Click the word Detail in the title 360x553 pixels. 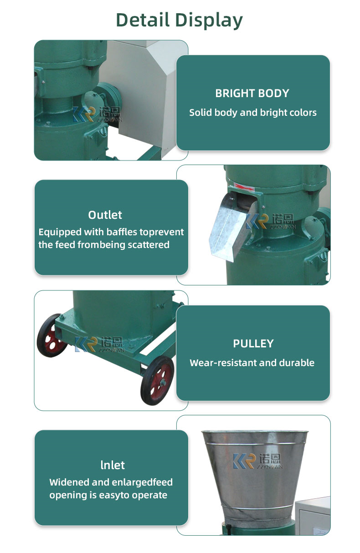tap(143, 21)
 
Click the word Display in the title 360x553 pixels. tap(210, 21)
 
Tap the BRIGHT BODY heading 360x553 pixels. tap(252, 93)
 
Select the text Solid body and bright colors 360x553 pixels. tap(252, 113)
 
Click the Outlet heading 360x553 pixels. tap(105, 215)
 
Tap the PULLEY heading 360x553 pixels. tap(253, 344)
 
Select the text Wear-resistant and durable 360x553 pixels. tap(252, 363)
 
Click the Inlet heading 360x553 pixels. tap(112, 465)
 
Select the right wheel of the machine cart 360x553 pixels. tap(157, 379)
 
